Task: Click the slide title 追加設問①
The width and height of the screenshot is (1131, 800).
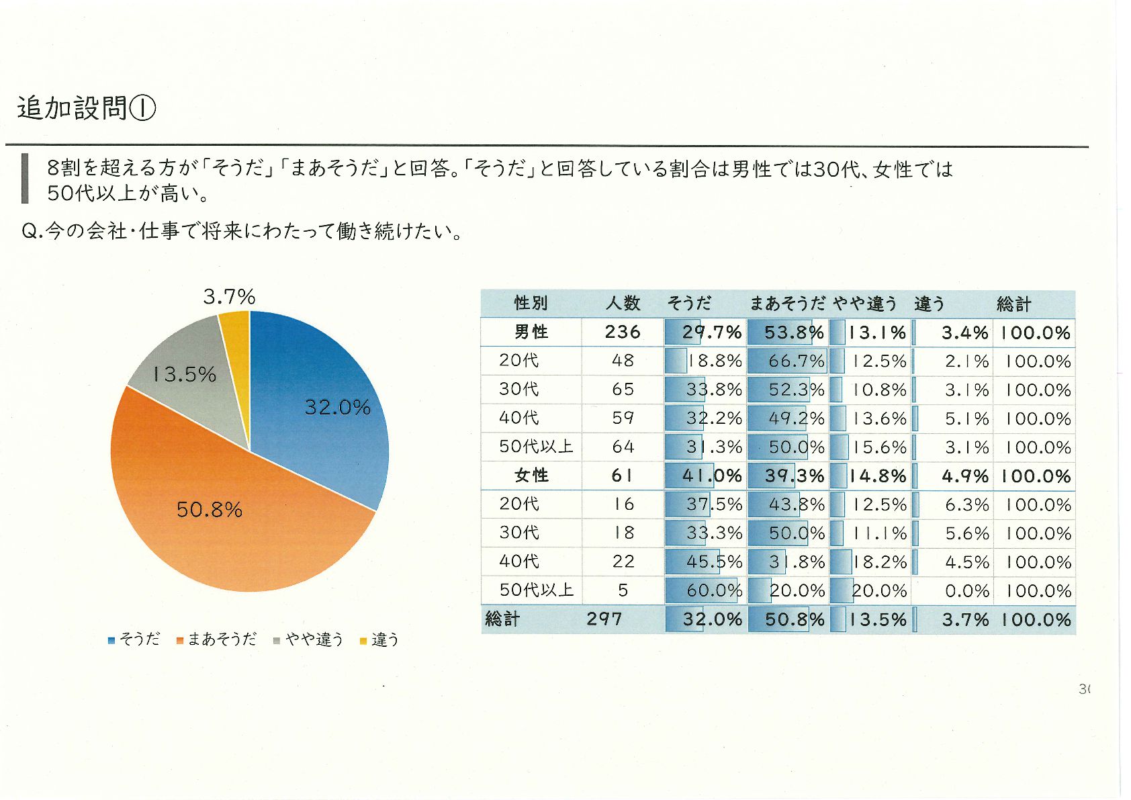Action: click(x=87, y=108)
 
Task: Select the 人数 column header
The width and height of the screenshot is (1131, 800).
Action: click(x=623, y=304)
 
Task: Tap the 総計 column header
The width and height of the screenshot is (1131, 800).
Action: click(x=1013, y=304)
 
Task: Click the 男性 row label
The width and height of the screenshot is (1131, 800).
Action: click(x=531, y=332)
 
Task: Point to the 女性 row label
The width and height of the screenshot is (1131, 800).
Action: click(x=531, y=476)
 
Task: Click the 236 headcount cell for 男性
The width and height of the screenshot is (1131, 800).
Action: click(x=623, y=332)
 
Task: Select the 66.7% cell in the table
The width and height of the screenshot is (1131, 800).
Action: click(x=796, y=361)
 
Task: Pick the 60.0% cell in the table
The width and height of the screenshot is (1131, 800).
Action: click(x=713, y=590)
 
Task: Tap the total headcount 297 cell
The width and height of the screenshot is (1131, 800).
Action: click(x=604, y=619)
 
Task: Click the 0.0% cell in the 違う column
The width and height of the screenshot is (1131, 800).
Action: click(x=966, y=591)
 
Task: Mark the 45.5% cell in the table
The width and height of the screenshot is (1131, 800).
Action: click(x=713, y=562)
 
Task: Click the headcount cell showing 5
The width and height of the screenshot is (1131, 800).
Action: click(x=623, y=590)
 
